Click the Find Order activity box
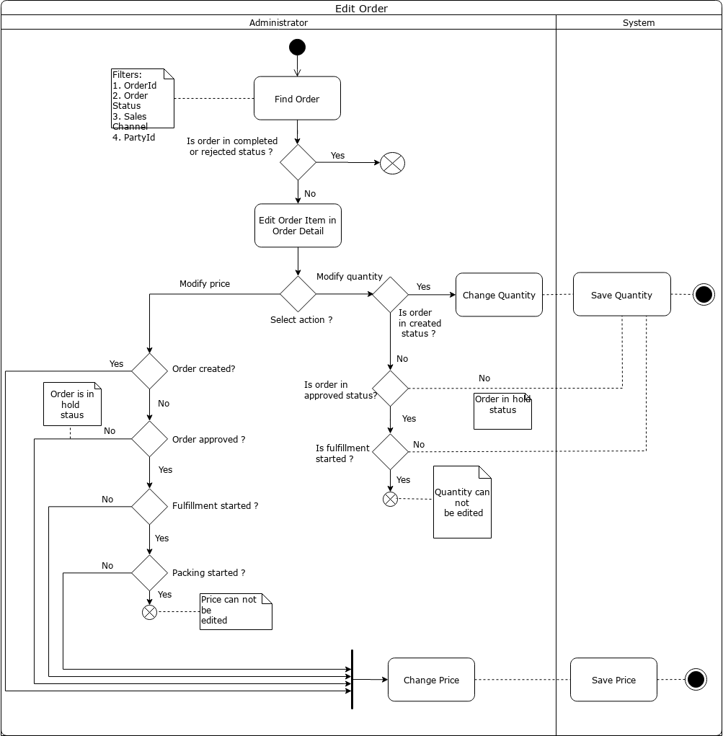(x=297, y=99)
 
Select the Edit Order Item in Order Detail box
(x=298, y=226)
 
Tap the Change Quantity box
(x=499, y=295)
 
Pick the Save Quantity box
(x=621, y=294)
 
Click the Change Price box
(x=431, y=680)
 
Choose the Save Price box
(x=613, y=680)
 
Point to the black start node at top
(x=297, y=48)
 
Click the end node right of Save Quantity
(x=704, y=294)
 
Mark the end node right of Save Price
(x=696, y=680)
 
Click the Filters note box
(x=143, y=99)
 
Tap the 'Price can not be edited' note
(x=236, y=611)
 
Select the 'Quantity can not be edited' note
(x=462, y=502)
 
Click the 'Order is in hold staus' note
(x=72, y=404)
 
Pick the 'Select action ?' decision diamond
(x=298, y=294)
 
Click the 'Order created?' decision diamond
(x=149, y=371)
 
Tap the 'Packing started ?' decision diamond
(x=149, y=573)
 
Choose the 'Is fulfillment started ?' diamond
(x=390, y=452)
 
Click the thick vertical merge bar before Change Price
(x=352, y=679)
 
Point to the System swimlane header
(x=639, y=23)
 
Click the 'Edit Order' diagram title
(x=361, y=9)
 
